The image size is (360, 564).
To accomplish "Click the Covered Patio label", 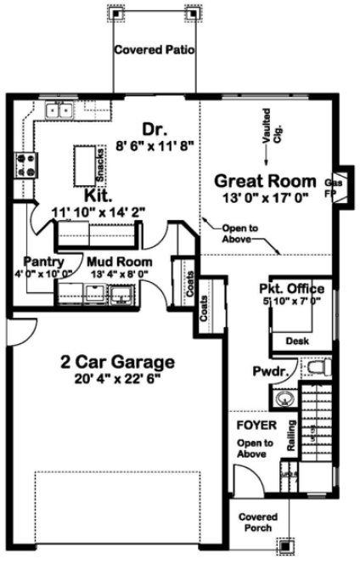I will coord(155,50).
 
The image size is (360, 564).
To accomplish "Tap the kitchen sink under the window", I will coord(58,110).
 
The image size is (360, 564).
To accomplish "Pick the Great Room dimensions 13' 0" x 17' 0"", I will coord(267,198).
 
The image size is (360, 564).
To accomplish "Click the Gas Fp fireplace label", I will coord(333,187).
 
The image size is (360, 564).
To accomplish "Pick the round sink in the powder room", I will coord(283,398).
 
